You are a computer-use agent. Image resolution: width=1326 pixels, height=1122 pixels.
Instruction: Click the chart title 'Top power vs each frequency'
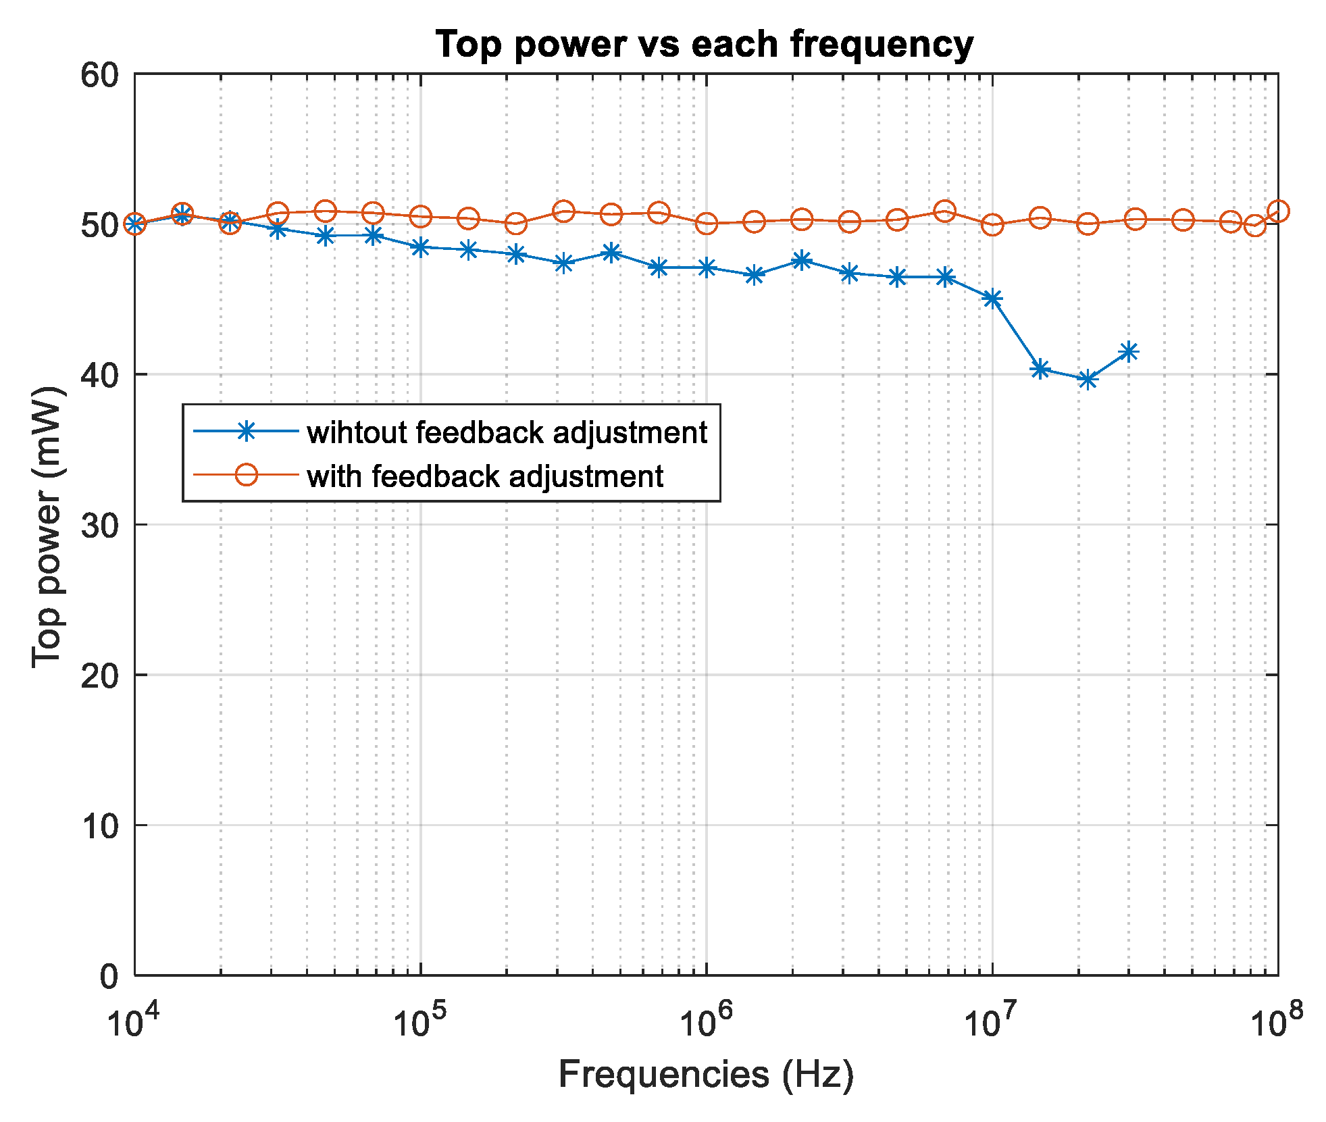pos(704,45)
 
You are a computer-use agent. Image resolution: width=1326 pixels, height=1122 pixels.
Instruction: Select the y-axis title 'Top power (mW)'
pos(47,527)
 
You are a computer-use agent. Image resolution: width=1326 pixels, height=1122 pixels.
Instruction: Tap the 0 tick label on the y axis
pos(108,976)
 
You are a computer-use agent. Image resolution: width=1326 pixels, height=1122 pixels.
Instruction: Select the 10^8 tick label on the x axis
pos(1276,1019)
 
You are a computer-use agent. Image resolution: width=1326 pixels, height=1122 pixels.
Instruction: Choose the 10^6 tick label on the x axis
pos(705,1019)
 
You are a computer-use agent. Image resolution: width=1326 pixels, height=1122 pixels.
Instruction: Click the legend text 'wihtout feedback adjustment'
pos(507,432)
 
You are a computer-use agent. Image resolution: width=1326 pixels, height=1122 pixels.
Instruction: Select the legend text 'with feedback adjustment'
pos(485,476)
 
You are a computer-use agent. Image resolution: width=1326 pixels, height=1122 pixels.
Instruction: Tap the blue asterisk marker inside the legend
pos(247,431)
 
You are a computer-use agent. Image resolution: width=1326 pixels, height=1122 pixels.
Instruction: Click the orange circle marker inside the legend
pos(247,475)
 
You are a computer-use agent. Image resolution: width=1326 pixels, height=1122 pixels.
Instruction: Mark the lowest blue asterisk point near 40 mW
pos(1087,380)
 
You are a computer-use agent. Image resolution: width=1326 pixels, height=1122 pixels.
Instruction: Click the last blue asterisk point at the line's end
pos(1128,352)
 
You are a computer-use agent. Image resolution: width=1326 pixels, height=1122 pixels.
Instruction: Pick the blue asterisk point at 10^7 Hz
pos(992,299)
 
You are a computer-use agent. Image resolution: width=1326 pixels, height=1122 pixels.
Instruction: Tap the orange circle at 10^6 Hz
pos(707,224)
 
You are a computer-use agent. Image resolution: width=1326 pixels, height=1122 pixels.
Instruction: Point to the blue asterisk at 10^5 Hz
pos(421,247)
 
